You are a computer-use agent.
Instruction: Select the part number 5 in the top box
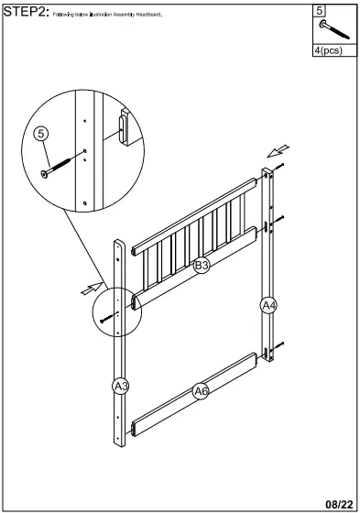pos(319,11)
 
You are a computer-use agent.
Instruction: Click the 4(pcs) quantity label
pos(327,50)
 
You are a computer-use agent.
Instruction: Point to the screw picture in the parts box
pos(328,30)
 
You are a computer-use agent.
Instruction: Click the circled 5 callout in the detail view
pos(40,134)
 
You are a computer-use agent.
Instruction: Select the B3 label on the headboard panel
pos(201,266)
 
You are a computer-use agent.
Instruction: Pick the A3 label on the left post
pos(119,386)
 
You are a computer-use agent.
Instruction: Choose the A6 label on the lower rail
pos(201,391)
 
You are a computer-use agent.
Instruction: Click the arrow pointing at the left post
pos(89,289)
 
